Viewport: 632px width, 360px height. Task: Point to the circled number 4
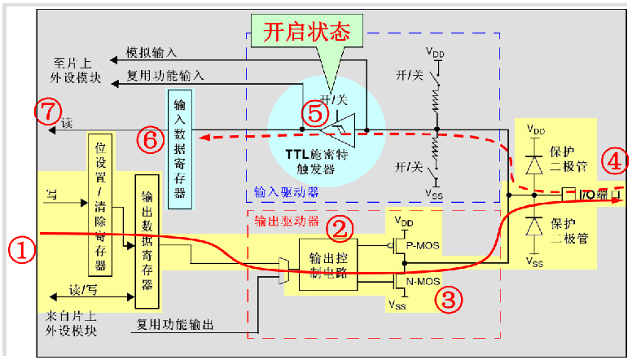click(x=615, y=161)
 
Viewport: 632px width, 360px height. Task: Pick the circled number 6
click(x=150, y=140)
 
